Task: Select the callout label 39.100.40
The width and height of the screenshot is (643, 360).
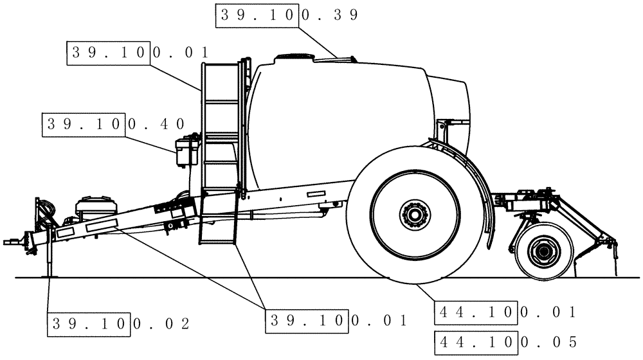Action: (x=114, y=124)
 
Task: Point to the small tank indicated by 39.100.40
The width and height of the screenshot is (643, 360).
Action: (x=186, y=152)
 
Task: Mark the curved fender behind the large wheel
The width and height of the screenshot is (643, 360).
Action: (x=489, y=193)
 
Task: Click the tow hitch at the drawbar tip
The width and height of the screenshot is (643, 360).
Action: (x=14, y=242)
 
